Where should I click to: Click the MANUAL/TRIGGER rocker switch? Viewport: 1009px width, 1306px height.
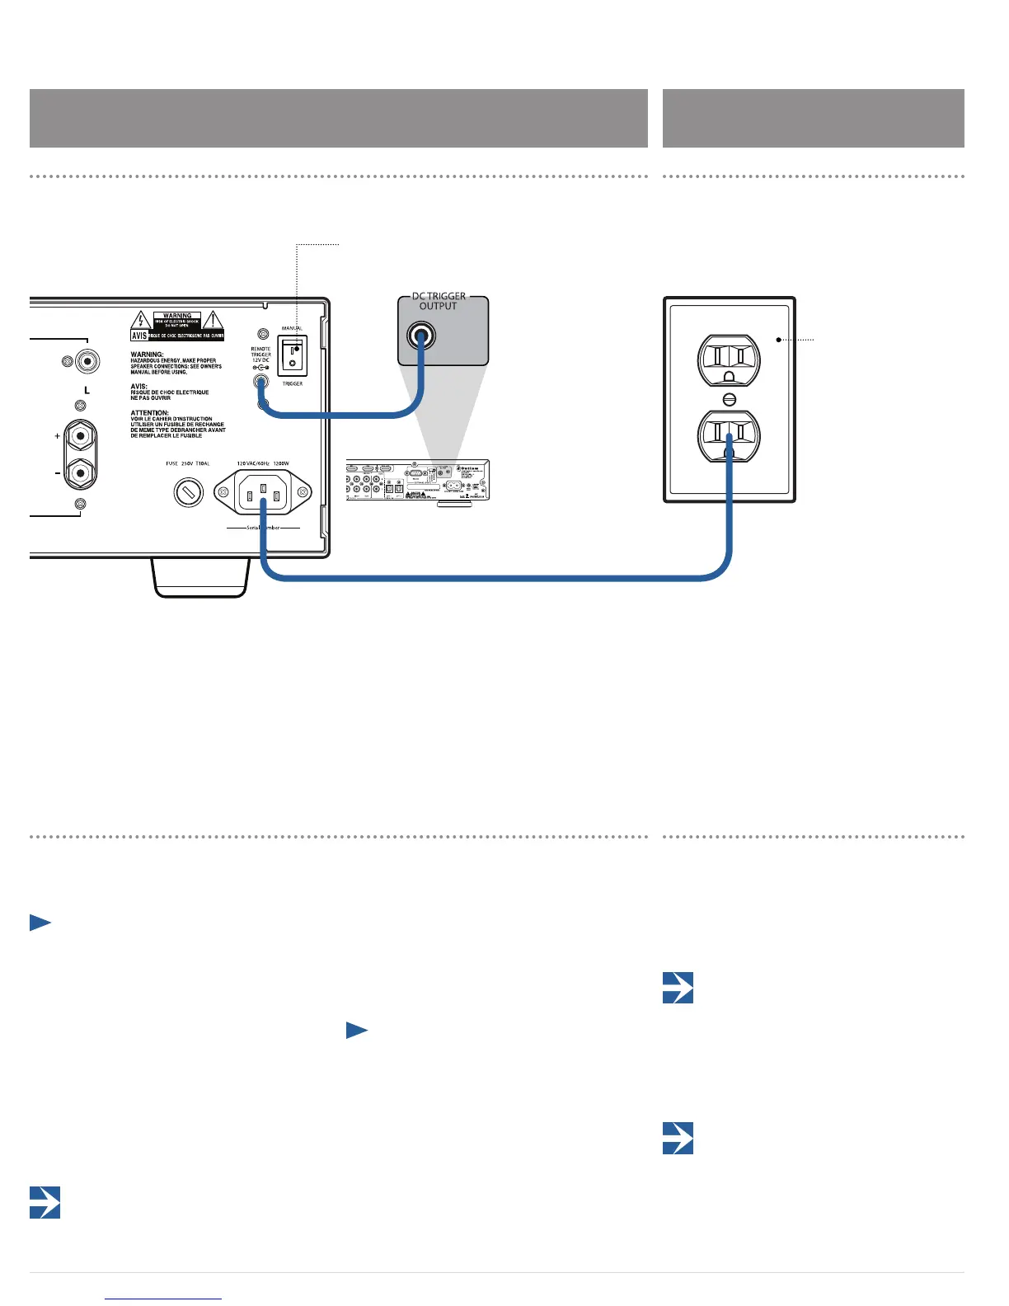point(292,355)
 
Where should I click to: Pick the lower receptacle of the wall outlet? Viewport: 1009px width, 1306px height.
point(729,436)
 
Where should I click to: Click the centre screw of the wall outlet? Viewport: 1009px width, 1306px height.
point(729,399)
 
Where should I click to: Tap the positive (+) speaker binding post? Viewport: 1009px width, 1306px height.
point(80,435)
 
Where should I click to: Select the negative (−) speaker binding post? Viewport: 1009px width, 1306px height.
point(80,473)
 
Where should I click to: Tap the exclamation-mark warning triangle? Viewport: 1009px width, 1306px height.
point(213,320)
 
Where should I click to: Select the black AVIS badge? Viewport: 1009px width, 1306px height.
point(139,336)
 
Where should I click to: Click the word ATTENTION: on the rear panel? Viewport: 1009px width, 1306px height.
point(149,413)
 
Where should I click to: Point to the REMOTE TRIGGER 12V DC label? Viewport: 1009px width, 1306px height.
point(260,355)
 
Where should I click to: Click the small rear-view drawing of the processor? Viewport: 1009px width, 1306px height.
point(418,482)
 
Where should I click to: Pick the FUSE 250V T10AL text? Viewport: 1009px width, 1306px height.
point(188,463)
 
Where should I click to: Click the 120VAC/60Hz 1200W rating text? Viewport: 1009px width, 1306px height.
point(262,463)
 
